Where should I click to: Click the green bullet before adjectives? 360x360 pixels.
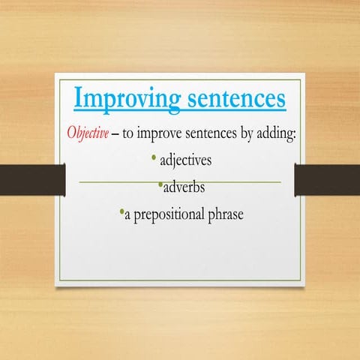pos(154,158)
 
